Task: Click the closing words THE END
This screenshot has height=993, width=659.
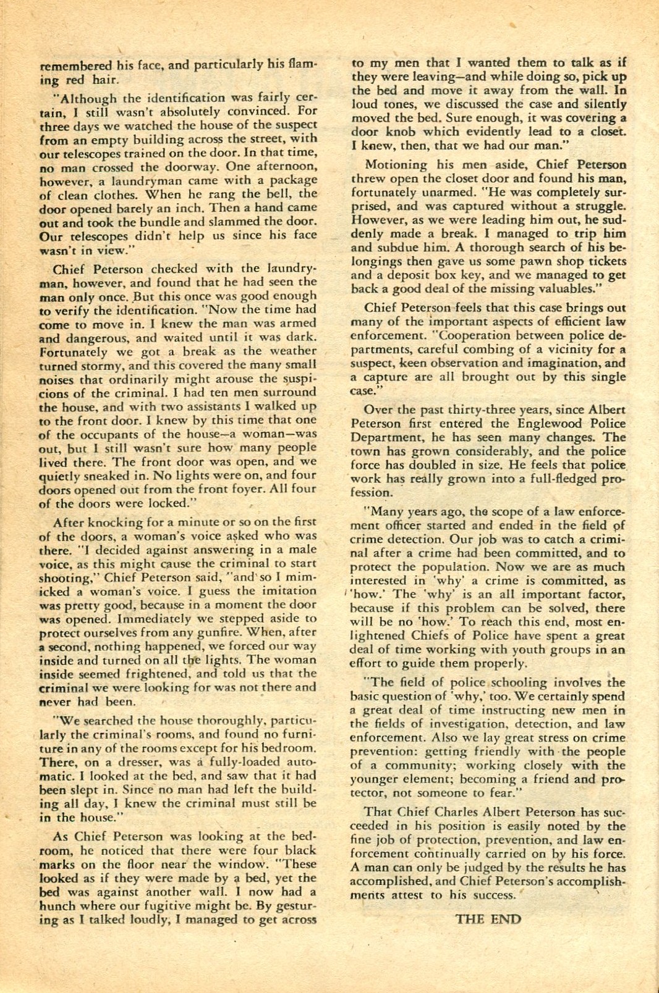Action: (488, 919)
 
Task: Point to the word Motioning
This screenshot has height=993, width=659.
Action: (396, 165)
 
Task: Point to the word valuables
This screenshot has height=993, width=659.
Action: (566, 288)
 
